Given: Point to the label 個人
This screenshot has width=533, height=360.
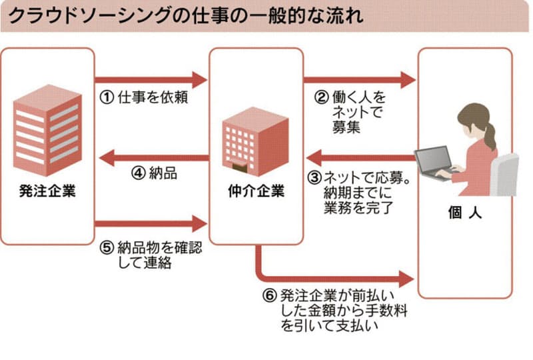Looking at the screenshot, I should coord(464,215).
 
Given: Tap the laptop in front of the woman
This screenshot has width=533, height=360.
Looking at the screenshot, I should coord(436,164).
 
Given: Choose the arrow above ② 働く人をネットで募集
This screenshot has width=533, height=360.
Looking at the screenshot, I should coord(360,78).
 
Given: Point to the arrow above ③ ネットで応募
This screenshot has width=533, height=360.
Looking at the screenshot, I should coord(360,158).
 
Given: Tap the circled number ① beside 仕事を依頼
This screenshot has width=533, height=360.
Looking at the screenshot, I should coord(107,98).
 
